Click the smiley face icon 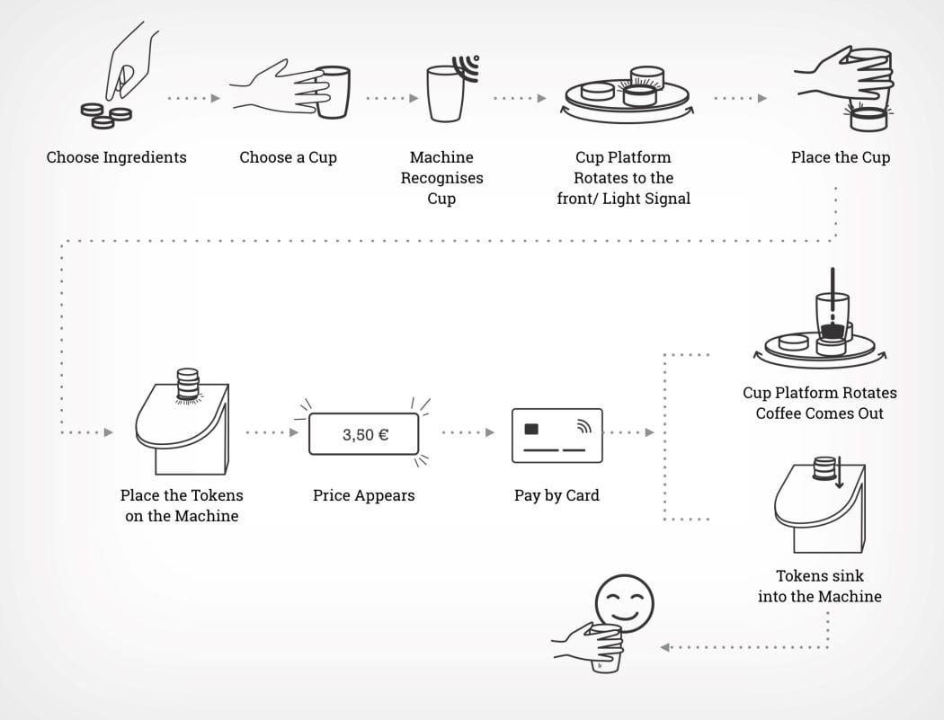(x=624, y=600)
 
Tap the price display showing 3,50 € (x=364, y=435)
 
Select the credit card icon (x=557, y=435)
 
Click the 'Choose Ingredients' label (x=117, y=157)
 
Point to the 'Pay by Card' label (x=557, y=495)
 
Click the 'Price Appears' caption (x=364, y=495)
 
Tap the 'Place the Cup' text (x=841, y=157)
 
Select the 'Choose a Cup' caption (x=288, y=157)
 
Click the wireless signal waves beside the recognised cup (x=468, y=67)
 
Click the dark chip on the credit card (x=531, y=428)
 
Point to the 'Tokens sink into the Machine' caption (x=820, y=586)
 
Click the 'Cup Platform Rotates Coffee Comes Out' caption (x=820, y=403)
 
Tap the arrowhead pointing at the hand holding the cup (x=665, y=646)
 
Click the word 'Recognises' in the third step (x=441, y=178)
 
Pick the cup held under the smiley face (x=607, y=647)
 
